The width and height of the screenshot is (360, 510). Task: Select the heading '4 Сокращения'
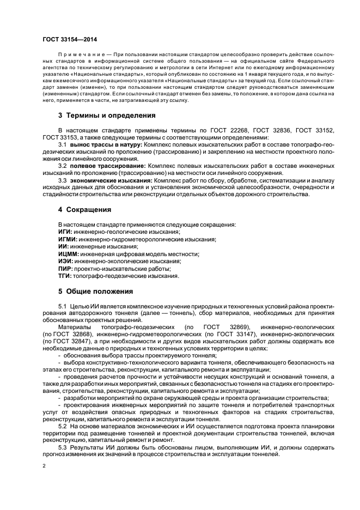tap(85, 209)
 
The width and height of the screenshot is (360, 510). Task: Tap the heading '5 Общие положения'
tap(95, 291)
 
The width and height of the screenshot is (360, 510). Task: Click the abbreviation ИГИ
tap(65, 232)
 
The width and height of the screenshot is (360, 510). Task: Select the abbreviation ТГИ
tap(64, 276)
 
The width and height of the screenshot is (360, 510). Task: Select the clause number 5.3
tap(62, 447)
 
